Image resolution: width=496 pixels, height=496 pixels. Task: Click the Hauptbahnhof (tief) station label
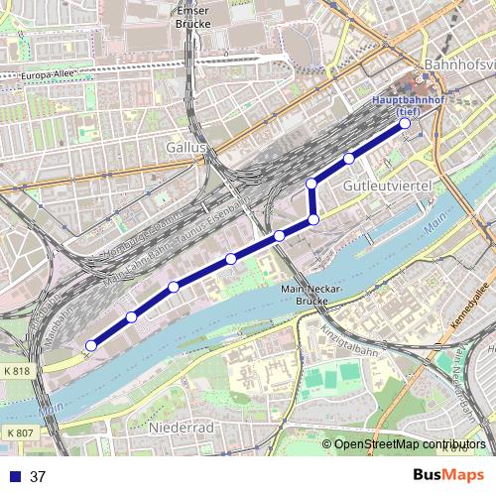pos(402,106)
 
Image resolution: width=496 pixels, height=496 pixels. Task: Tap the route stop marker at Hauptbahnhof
pos(404,125)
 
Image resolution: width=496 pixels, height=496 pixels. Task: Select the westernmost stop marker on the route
pos(90,345)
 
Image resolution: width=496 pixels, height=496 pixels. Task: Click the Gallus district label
pos(185,147)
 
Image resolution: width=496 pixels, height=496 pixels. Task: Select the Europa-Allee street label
pos(50,75)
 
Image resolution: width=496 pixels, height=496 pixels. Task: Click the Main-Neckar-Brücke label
pos(311,295)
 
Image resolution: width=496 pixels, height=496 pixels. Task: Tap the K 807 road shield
pos(18,434)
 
